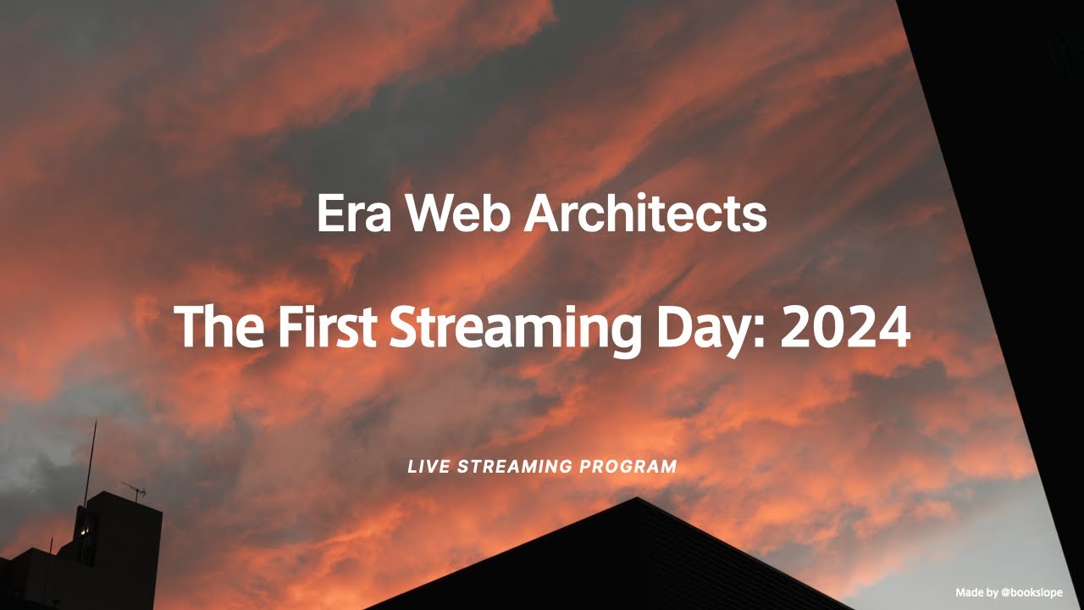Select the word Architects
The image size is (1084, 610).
click(x=645, y=214)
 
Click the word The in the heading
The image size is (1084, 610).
click(x=218, y=327)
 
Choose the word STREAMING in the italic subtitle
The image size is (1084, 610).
click(x=515, y=467)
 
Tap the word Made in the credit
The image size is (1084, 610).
click(x=971, y=592)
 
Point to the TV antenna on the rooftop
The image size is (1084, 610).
click(x=134, y=489)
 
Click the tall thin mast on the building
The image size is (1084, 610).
click(x=90, y=462)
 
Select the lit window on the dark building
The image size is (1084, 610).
click(x=85, y=531)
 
